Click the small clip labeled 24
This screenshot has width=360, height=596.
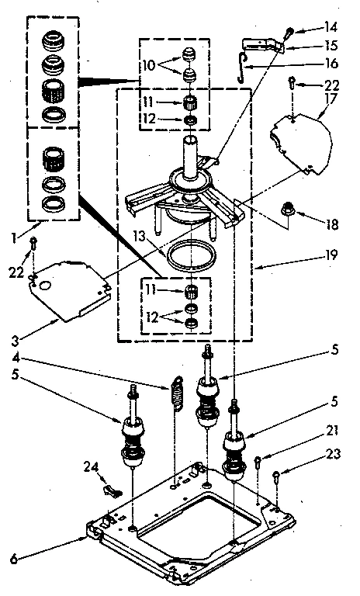point(112,490)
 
